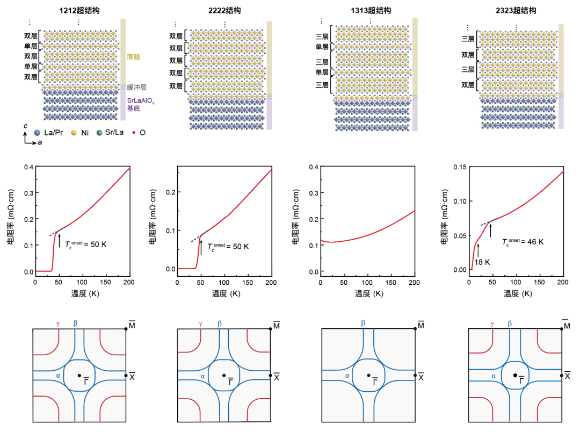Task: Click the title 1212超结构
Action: coord(79,10)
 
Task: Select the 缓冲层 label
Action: coord(136,87)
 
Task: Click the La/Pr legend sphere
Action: coord(37,132)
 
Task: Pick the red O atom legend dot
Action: coord(134,132)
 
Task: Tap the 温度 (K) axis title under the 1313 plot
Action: coord(368,293)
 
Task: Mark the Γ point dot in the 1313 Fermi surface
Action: coord(368,375)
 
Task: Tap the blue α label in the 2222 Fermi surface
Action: coord(202,376)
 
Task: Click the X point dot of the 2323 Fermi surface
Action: coord(562,375)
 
